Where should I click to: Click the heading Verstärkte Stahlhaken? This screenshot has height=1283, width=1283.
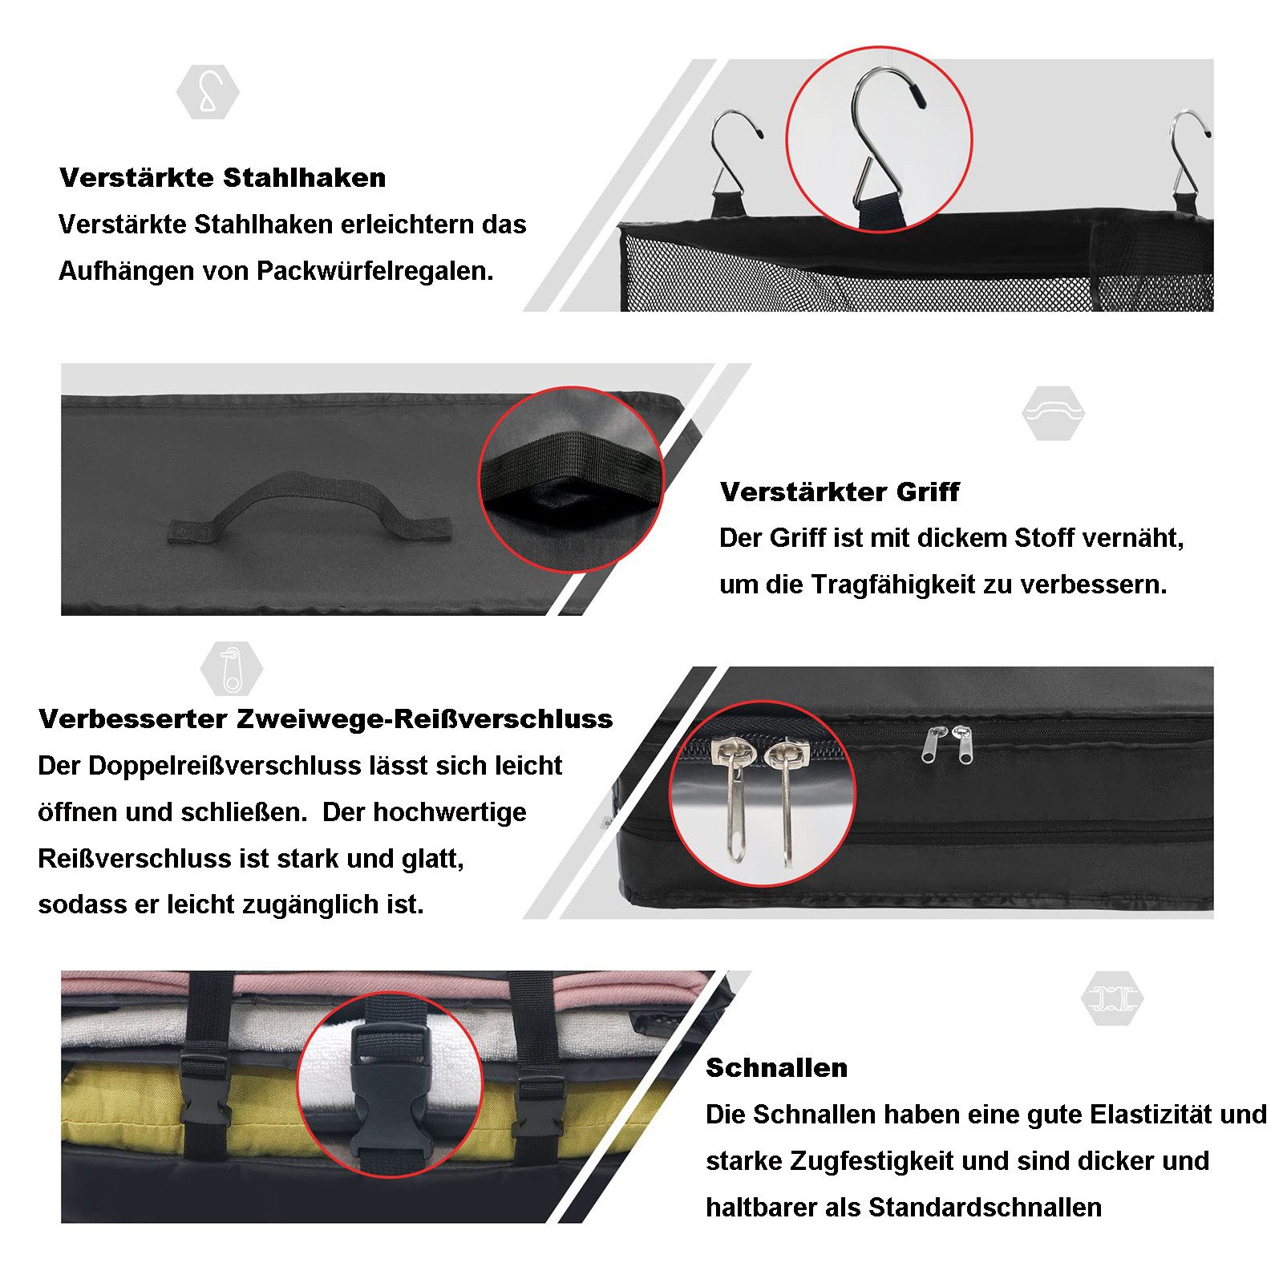(x=222, y=177)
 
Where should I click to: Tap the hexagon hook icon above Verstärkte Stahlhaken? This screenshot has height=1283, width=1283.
(x=208, y=92)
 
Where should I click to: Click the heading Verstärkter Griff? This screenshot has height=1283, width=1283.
(x=839, y=492)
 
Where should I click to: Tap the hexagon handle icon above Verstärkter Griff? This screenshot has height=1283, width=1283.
(x=1053, y=412)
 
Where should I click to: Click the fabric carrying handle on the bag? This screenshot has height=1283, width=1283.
(x=310, y=507)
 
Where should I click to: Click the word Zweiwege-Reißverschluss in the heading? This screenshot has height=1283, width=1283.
(x=424, y=718)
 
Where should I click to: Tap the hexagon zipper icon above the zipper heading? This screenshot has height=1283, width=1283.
(x=231, y=668)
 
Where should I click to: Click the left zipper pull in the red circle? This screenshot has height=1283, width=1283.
(x=734, y=794)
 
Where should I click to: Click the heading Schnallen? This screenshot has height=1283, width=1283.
(x=776, y=1067)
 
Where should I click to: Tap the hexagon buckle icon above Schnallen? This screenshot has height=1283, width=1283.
(x=1111, y=998)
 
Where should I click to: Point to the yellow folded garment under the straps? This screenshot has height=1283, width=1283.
(x=128, y=1107)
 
